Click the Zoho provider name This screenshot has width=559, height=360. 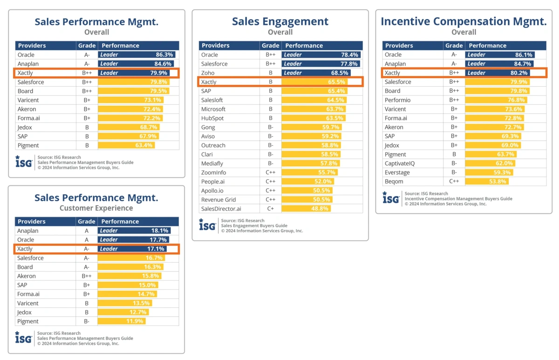(x=208, y=73)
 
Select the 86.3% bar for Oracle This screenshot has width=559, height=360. (x=138, y=54)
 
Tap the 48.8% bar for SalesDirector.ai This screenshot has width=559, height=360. (x=306, y=209)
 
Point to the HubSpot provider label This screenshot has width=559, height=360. (x=212, y=118)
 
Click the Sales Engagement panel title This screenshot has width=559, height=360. (x=280, y=21)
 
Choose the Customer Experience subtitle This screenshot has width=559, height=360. (x=96, y=208)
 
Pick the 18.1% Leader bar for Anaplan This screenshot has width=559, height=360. (x=134, y=231)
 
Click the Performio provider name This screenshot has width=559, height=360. (x=397, y=100)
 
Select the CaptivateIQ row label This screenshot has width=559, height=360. (x=401, y=163)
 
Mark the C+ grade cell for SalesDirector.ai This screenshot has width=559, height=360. (x=270, y=209)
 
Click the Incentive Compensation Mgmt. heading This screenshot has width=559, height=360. (x=464, y=21)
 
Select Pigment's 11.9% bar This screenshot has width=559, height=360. (x=122, y=321)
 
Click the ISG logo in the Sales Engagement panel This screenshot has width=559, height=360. (x=207, y=225)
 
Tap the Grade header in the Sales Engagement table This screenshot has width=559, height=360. (x=270, y=46)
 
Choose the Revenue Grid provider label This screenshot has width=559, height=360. (x=218, y=200)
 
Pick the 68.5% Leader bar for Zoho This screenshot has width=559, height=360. (x=316, y=73)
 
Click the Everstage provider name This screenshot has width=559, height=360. (x=397, y=173)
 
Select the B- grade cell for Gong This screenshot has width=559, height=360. (x=270, y=127)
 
